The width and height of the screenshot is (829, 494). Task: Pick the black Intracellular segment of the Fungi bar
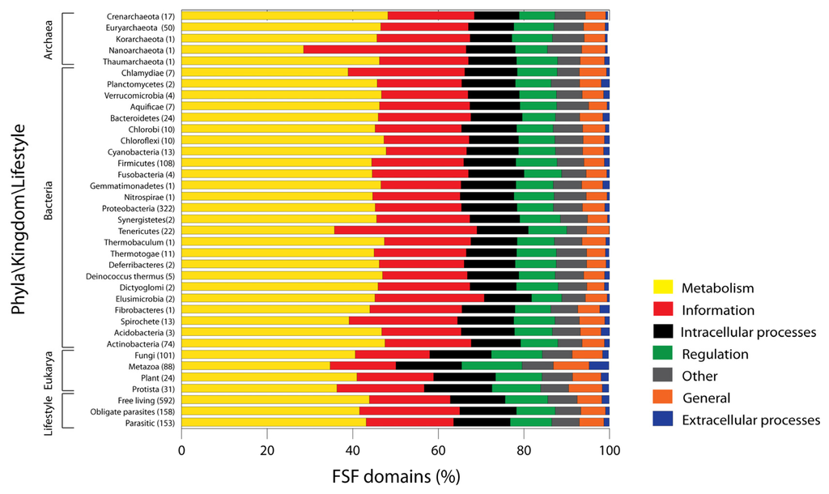point(460,354)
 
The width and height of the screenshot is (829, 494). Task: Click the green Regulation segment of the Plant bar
point(518,377)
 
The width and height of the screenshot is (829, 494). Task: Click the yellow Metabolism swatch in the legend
point(663,287)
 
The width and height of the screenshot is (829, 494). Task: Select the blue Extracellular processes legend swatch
point(663,419)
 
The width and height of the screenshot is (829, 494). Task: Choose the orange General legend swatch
point(663,398)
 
